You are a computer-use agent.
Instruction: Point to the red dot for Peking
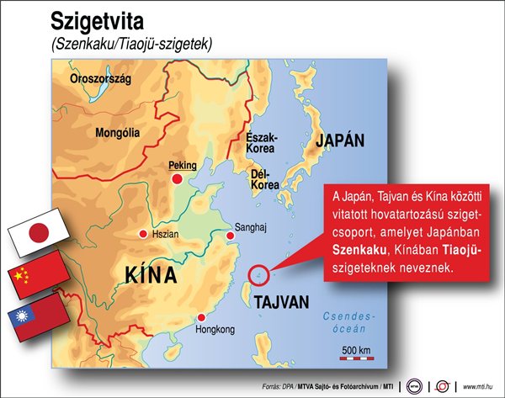(x=177, y=179)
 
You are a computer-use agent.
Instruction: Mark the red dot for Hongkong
(x=199, y=317)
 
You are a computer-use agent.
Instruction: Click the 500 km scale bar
(x=354, y=357)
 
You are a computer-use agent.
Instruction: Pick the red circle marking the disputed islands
(x=259, y=273)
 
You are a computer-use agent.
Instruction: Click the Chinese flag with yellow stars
(x=37, y=274)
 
